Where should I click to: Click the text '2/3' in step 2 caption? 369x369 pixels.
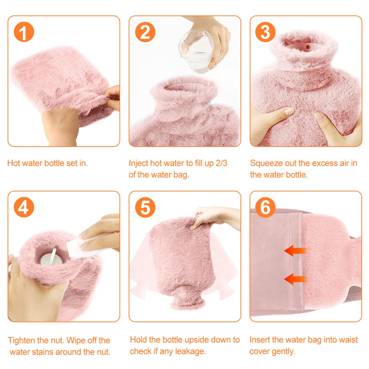point(226,163)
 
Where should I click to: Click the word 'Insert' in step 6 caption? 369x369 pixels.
point(260,340)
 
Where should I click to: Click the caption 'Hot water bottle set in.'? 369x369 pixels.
point(48,163)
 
